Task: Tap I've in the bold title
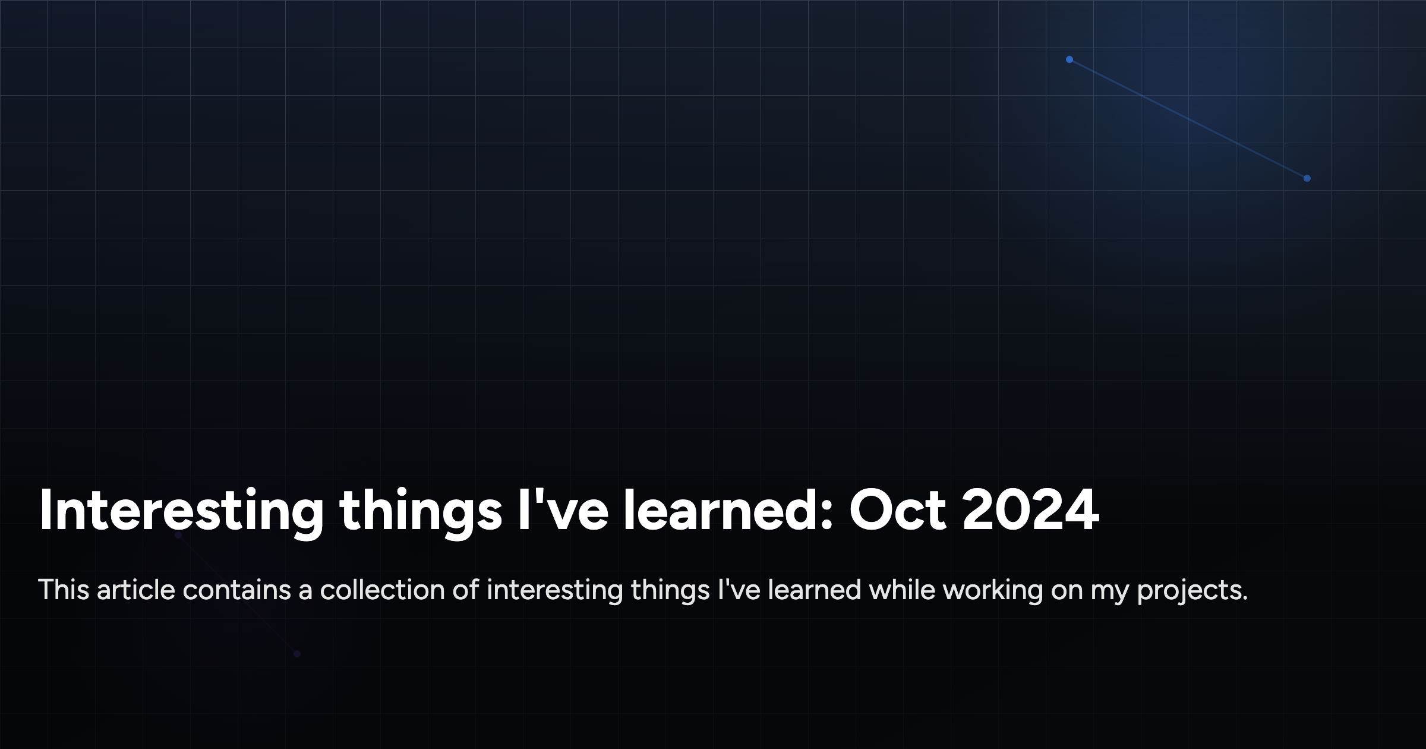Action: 563,510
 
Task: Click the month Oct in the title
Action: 897,510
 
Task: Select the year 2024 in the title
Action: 1031,510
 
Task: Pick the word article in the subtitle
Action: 136,590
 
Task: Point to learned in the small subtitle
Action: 815,590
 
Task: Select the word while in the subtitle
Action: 902,590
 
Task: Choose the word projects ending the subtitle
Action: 1191,591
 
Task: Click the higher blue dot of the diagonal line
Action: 1069,59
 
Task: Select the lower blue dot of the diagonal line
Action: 1307,178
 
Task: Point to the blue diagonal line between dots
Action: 1188,119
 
